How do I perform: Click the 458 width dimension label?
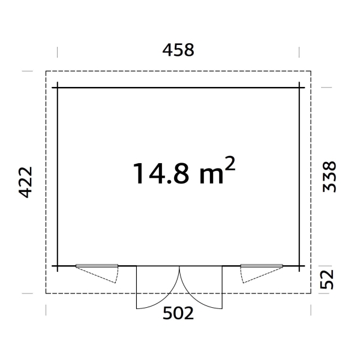tap(178, 50)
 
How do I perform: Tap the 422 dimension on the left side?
tap(25, 182)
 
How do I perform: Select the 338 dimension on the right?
tap(329, 176)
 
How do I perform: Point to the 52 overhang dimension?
tap(326, 279)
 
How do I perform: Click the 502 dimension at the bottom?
tap(178, 313)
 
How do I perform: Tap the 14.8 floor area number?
tap(161, 173)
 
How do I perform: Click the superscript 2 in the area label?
tap(230, 163)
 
